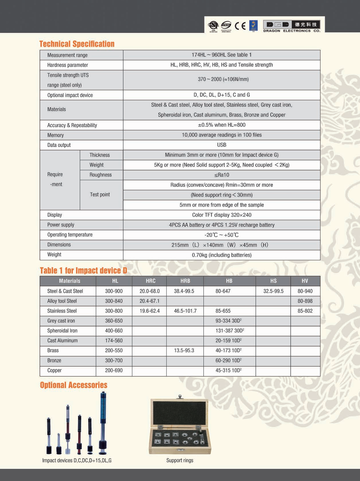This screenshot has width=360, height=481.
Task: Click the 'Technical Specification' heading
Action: click(x=77, y=44)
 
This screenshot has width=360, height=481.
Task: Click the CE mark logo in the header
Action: click(x=240, y=26)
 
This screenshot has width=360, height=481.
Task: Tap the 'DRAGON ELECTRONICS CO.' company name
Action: click(x=292, y=31)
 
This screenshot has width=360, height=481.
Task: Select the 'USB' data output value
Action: click(x=221, y=145)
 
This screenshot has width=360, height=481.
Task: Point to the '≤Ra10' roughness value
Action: click(x=221, y=175)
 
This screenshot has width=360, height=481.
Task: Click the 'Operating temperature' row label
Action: click(x=70, y=235)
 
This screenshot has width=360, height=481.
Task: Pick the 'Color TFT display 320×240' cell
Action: click(x=221, y=215)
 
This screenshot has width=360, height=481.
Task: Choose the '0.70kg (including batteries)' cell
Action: click(x=221, y=255)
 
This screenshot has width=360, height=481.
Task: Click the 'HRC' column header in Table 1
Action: click(x=150, y=281)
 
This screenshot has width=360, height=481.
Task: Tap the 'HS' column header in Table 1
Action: click(x=273, y=281)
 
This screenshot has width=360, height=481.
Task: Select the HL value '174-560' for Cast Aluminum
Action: click(x=114, y=341)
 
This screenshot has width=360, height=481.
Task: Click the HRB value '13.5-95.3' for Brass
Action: click(x=184, y=351)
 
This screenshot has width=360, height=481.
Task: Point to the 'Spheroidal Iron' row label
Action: click(x=62, y=331)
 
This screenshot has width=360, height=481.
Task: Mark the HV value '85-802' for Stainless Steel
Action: click(x=305, y=311)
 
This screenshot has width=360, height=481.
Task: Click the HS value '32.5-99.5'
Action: click(x=273, y=291)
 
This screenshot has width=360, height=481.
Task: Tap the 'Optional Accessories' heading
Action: click(x=74, y=385)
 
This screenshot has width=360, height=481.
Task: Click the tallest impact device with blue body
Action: click(x=103, y=422)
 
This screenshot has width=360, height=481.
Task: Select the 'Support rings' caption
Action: click(x=179, y=461)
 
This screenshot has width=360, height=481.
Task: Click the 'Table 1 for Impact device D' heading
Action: click(x=83, y=271)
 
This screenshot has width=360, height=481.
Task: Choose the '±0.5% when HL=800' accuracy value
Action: click(x=221, y=125)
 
